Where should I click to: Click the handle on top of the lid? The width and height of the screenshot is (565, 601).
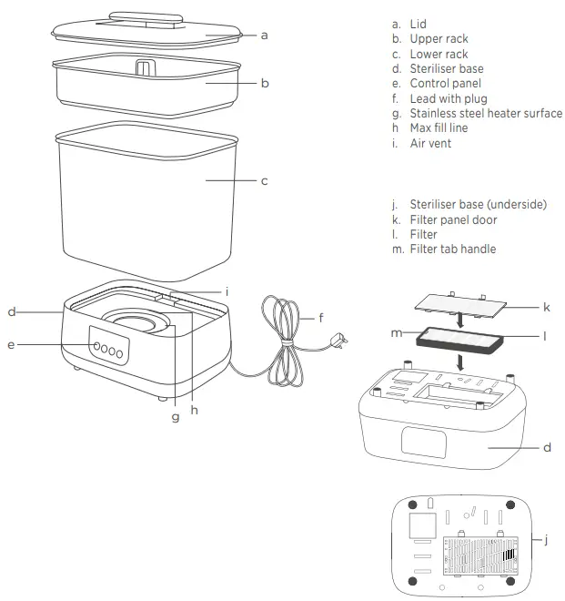click(140, 17)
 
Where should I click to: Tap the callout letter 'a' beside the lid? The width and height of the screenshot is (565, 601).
click(264, 36)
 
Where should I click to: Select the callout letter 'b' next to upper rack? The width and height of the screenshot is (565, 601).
click(264, 83)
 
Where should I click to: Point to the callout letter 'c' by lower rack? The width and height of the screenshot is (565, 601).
click(264, 180)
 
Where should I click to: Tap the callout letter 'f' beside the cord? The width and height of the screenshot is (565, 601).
click(320, 319)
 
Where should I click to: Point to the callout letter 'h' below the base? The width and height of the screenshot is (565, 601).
click(194, 410)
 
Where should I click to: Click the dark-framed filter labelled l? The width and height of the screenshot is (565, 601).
click(459, 341)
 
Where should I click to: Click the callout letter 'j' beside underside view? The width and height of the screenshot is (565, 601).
click(546, 540)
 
